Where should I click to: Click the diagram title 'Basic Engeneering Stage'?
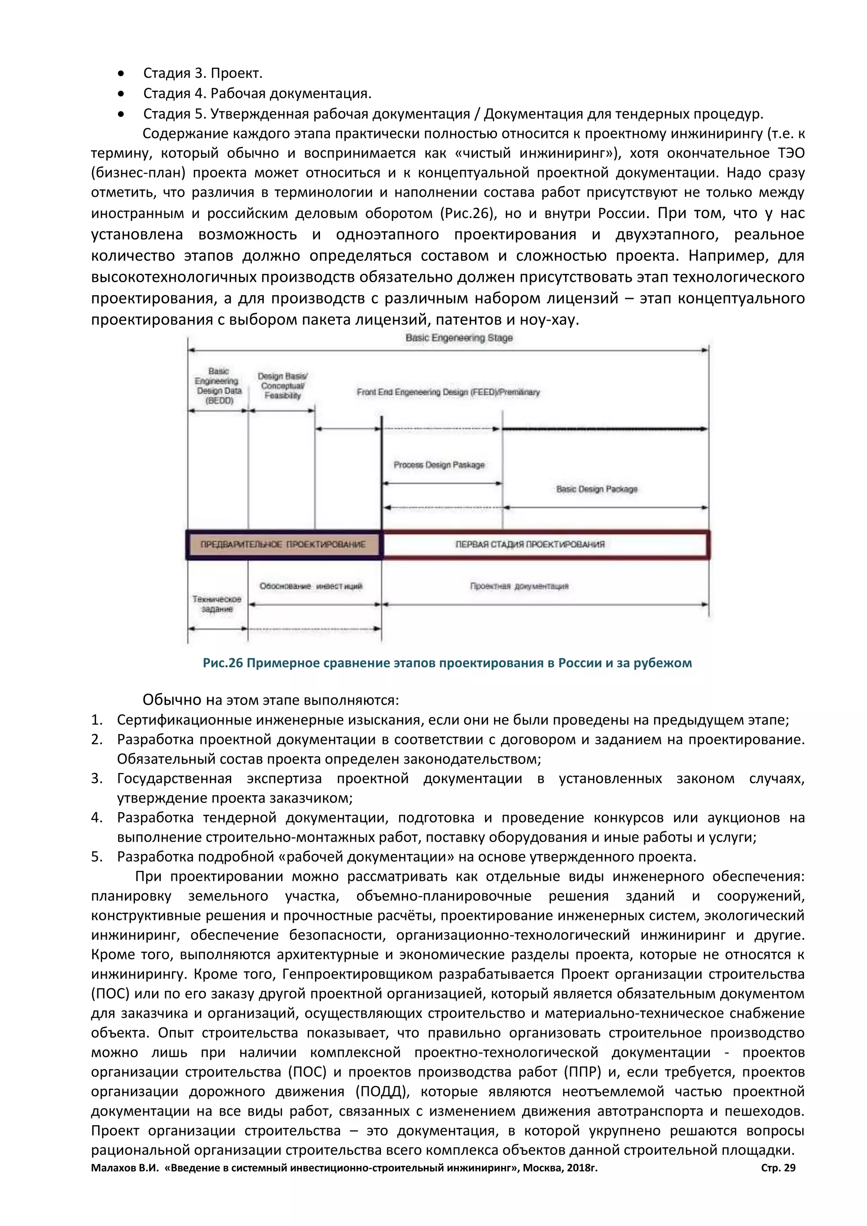pos(458,338)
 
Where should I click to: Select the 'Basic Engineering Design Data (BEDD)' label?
pos(218,386)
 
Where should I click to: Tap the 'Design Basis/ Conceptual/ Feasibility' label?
pos(282,386)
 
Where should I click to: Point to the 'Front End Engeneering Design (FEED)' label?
pos(448,392)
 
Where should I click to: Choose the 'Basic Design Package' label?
pos(596,489)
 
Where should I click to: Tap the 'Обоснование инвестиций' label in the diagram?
pos(311,586)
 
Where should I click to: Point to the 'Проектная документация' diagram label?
pos(519,586)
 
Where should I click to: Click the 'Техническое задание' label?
pos(217,605)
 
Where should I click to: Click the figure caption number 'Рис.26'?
pos(223,663)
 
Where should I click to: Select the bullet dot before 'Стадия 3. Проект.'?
pos(122,74)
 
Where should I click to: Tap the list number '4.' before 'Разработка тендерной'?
pos(97,817)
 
